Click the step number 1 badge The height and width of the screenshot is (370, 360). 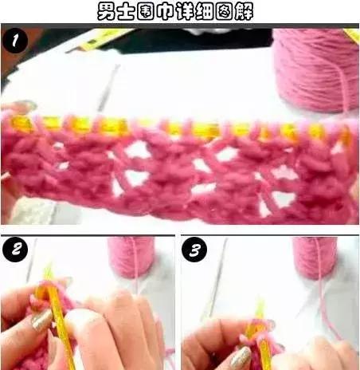click(15, 41)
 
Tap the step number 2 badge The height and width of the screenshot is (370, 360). click(15, 250)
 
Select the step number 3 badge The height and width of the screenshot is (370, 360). click(194, 250)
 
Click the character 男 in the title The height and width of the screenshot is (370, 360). click(107, 11)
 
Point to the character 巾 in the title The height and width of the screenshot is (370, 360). click(165, 11)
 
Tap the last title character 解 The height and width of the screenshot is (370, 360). click(244, 11)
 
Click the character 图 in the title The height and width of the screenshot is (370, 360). click(224, 11)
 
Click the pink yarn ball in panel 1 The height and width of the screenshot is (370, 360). click(316, 70)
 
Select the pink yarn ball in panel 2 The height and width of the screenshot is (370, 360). click(131, 257)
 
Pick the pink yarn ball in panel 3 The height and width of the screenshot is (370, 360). click(315, 258)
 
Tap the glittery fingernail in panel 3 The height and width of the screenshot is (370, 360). click(241, 357)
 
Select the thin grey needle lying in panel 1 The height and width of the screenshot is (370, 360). click(108, 88)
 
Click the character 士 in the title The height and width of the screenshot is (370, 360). click(126, 11)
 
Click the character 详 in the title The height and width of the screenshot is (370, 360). click(185, 11)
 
